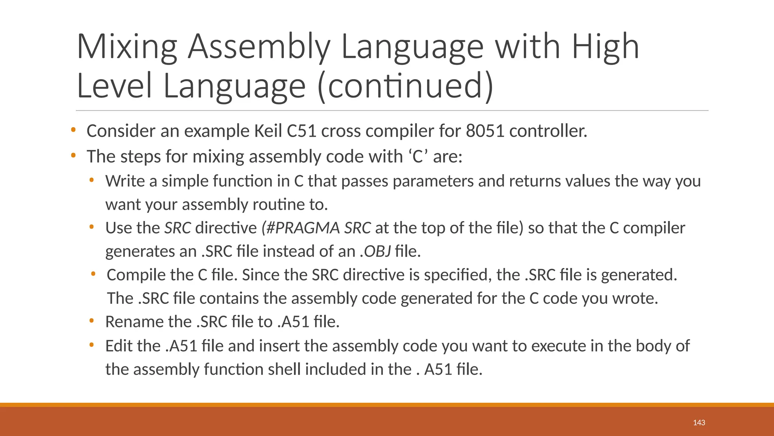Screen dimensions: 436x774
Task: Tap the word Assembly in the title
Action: point(259,47)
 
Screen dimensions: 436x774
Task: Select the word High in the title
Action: point(605,47)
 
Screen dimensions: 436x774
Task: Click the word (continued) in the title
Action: point(406,86)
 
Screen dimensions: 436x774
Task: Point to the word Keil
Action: point(268,131)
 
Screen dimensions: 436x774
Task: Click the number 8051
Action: point(485,131)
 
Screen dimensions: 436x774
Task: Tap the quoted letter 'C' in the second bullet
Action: point(418,156)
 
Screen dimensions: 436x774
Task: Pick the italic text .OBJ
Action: point(375,251)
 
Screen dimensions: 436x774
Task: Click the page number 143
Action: point(699,423)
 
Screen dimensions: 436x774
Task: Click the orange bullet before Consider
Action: point(73,131)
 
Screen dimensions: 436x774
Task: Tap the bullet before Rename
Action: point(91,321)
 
